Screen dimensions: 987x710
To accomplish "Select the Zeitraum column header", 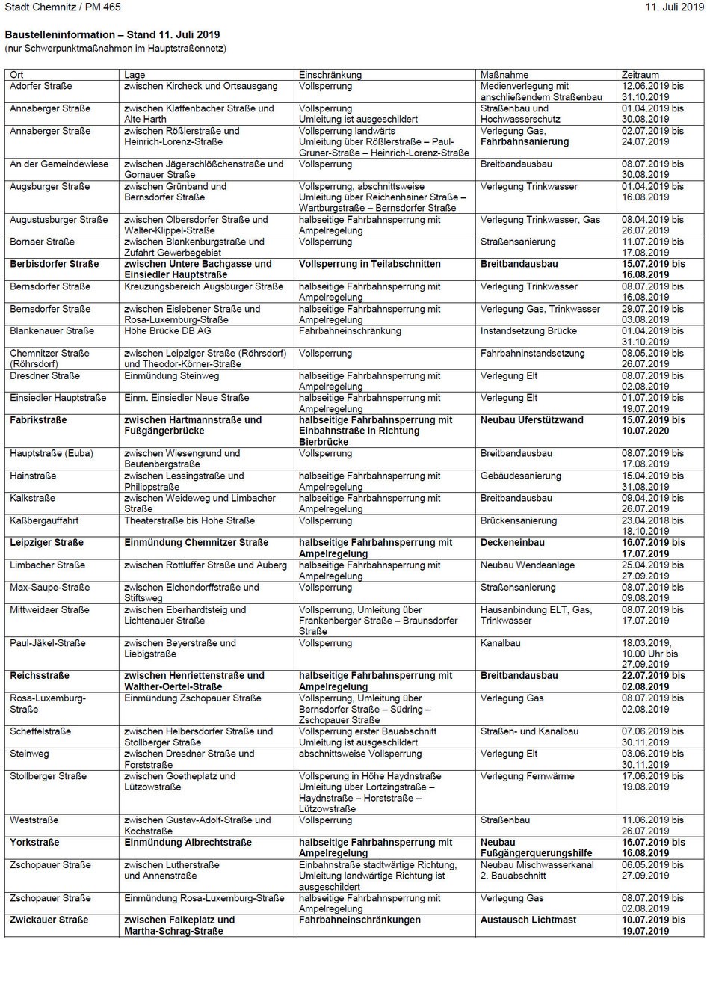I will pos(640,75).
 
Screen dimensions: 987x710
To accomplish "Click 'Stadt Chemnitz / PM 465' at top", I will pos(63,7).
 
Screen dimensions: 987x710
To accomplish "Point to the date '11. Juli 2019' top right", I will pos(674,7).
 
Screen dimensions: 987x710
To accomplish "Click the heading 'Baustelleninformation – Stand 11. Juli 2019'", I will pos(112,34).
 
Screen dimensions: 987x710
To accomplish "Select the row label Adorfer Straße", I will pos(40,86).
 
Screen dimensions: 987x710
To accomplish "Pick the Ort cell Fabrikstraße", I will pos(38,420).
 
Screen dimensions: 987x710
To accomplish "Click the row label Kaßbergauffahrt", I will pos(44,520).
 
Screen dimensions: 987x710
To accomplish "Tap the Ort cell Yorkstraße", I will pos(34,843).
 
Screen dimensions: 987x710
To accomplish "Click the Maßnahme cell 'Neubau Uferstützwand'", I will pos(531,420).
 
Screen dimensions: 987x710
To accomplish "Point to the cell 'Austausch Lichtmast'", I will pos(528,920).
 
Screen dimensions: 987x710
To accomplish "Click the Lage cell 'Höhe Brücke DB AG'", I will pos(167,330).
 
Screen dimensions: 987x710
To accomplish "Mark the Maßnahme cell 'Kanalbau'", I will pos(500,643).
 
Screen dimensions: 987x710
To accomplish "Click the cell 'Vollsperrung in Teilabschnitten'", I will pos(369,264).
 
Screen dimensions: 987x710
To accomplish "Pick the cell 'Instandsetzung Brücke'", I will pos(528,330).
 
